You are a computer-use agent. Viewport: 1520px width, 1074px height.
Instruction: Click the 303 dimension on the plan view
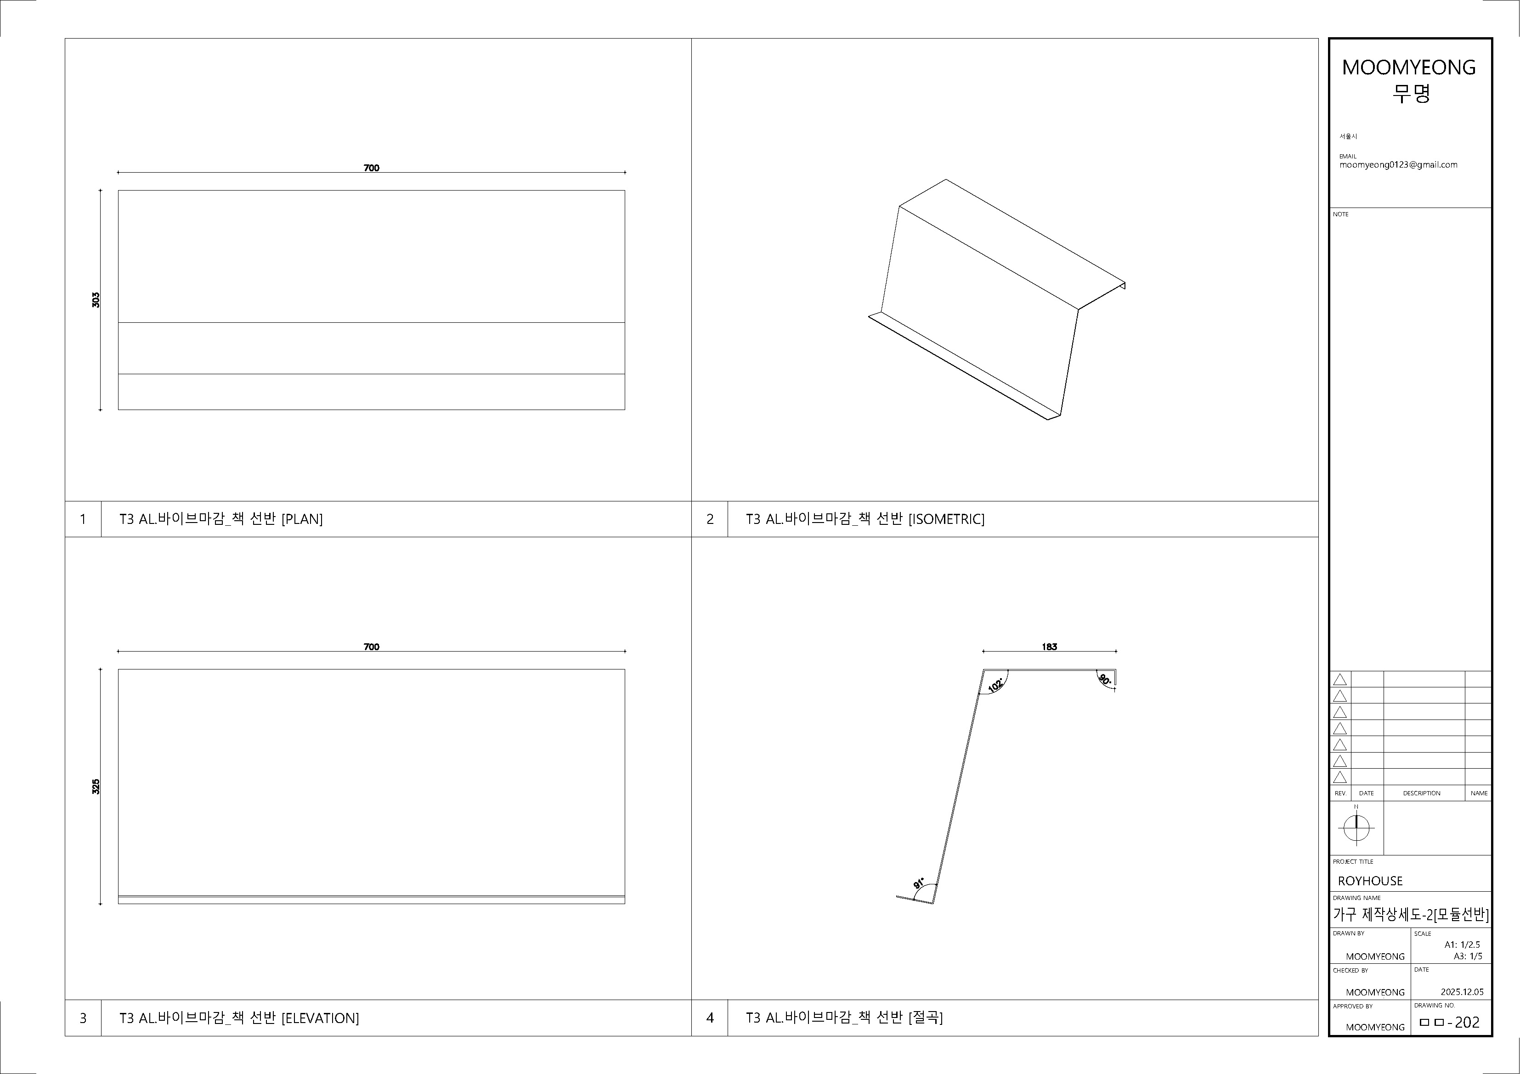click(x=96, y=300)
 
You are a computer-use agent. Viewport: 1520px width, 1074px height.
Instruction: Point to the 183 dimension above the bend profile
click(x=1049, y=647)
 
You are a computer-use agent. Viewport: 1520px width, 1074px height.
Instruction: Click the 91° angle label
click(x=919, y=883)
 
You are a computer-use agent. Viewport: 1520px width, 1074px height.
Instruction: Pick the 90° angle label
click(x=1104, y=679)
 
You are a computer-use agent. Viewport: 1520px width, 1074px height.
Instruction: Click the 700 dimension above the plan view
click(x=372, y=168)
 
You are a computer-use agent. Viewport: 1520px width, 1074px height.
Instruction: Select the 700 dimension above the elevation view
click(x=372, y=647)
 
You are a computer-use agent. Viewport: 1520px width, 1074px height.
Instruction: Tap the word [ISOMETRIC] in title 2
click(x=947, y=519)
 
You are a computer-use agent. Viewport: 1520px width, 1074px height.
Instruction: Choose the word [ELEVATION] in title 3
click(x=321, y=1018)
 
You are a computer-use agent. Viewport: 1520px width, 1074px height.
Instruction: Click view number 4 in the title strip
click(x=710, y=1018)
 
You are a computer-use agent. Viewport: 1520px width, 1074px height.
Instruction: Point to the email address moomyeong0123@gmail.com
click(x=1398, y=165)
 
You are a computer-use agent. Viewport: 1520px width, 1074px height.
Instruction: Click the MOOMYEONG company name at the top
click(x=1409, y=67)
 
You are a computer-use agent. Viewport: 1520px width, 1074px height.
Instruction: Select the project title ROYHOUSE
click(x=1370, y=881)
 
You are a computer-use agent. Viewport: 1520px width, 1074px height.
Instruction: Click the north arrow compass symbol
click(x=1356, y=827)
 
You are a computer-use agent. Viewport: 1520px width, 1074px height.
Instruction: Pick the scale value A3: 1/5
click(x=1468, y=956)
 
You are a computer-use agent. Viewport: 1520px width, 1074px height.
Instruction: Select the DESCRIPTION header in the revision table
click(x=1421, y=793)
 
